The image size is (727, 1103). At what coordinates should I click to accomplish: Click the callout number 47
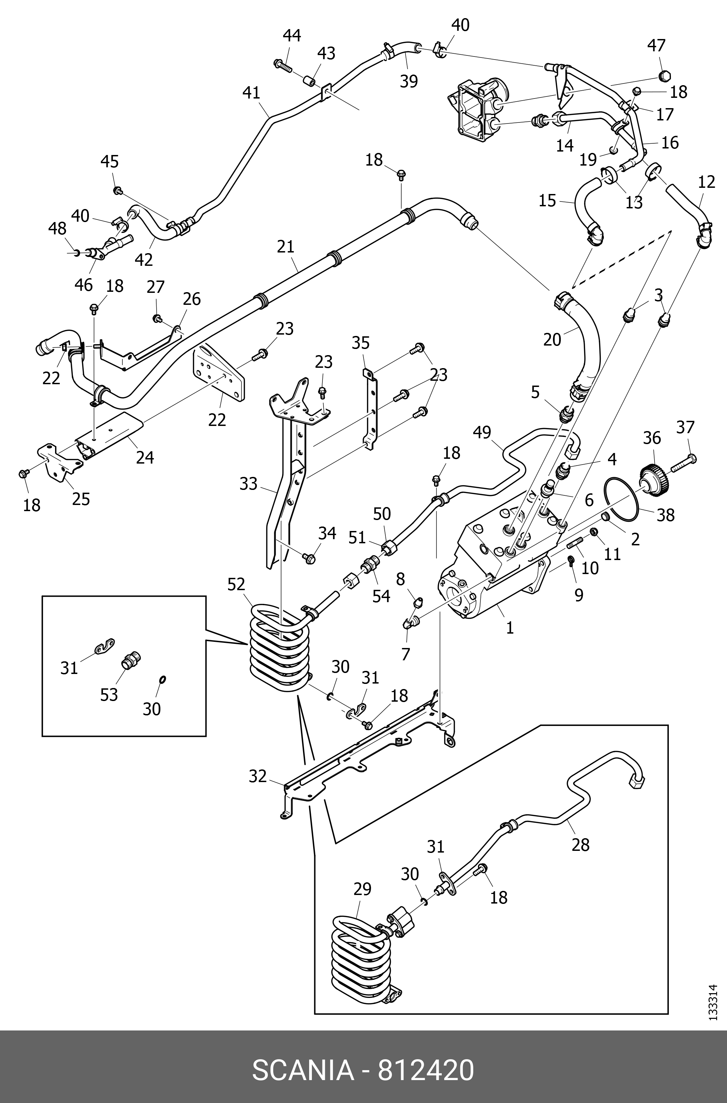click(656, 46)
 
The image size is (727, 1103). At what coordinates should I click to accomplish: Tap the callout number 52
click(236, 584)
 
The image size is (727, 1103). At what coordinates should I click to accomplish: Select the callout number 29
click(362, 890)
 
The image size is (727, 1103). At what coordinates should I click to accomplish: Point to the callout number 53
click(109, 695)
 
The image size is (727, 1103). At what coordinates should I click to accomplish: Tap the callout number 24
click(145, 458)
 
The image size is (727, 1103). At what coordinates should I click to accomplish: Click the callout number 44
click(292, 36)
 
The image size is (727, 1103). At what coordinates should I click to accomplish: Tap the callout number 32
click(258, 776)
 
